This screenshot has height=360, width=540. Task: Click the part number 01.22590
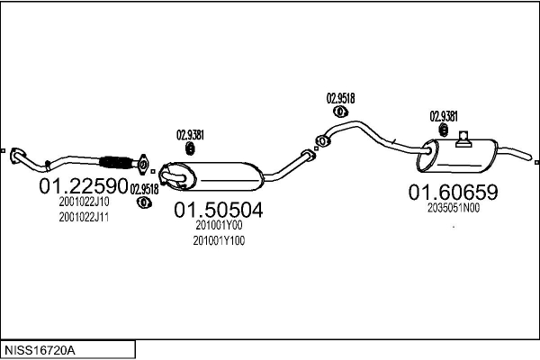click(x=84, y=186)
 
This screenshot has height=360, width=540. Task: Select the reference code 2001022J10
click(x=84, y=202)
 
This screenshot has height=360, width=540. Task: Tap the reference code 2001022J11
click(x=84, y=218)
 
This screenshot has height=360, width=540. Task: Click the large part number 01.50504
click(x=219, y=210)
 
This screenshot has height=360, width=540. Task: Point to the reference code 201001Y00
click(x=219, y=225)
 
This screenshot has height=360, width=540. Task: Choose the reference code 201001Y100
click(x=219, y=240)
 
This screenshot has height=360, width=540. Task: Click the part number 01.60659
click(x=454, y=192)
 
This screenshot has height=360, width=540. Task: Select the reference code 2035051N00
click(x=454, y=208)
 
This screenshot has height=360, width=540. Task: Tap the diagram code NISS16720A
click(x=40, y=350)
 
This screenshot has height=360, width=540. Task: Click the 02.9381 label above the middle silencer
click(x=190, y=135)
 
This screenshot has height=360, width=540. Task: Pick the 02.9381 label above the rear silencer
click(x=444, y=116)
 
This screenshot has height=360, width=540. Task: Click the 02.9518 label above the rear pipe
click(x=340, y=98)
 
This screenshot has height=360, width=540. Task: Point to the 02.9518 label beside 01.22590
click(x=144, y=189)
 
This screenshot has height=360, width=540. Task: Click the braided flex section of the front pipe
click(x=116, y=163)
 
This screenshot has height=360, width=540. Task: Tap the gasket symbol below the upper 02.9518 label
click(x=340, y=112)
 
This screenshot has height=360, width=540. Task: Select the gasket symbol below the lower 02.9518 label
click(x=144, y=202)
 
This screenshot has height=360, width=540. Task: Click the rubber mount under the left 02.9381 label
click(x=190, y=148)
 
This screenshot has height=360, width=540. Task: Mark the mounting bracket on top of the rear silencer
click(x=463, y=139)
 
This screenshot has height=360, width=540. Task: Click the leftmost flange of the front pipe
click(x=17, y=156)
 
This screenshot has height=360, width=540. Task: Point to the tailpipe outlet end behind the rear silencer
click(x=529, y=157)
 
